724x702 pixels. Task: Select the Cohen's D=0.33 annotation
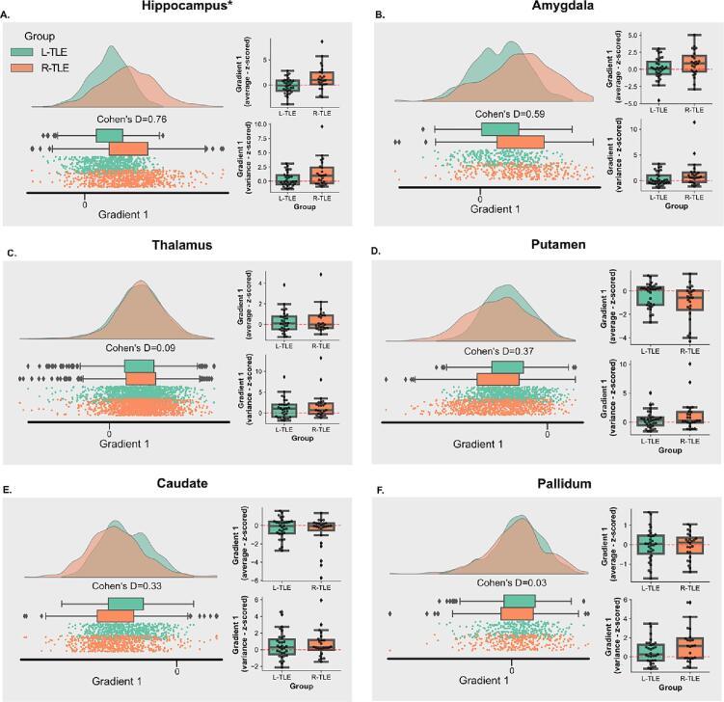[x=127, y=586]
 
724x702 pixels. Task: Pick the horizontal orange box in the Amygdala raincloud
[x=521, y=143]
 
